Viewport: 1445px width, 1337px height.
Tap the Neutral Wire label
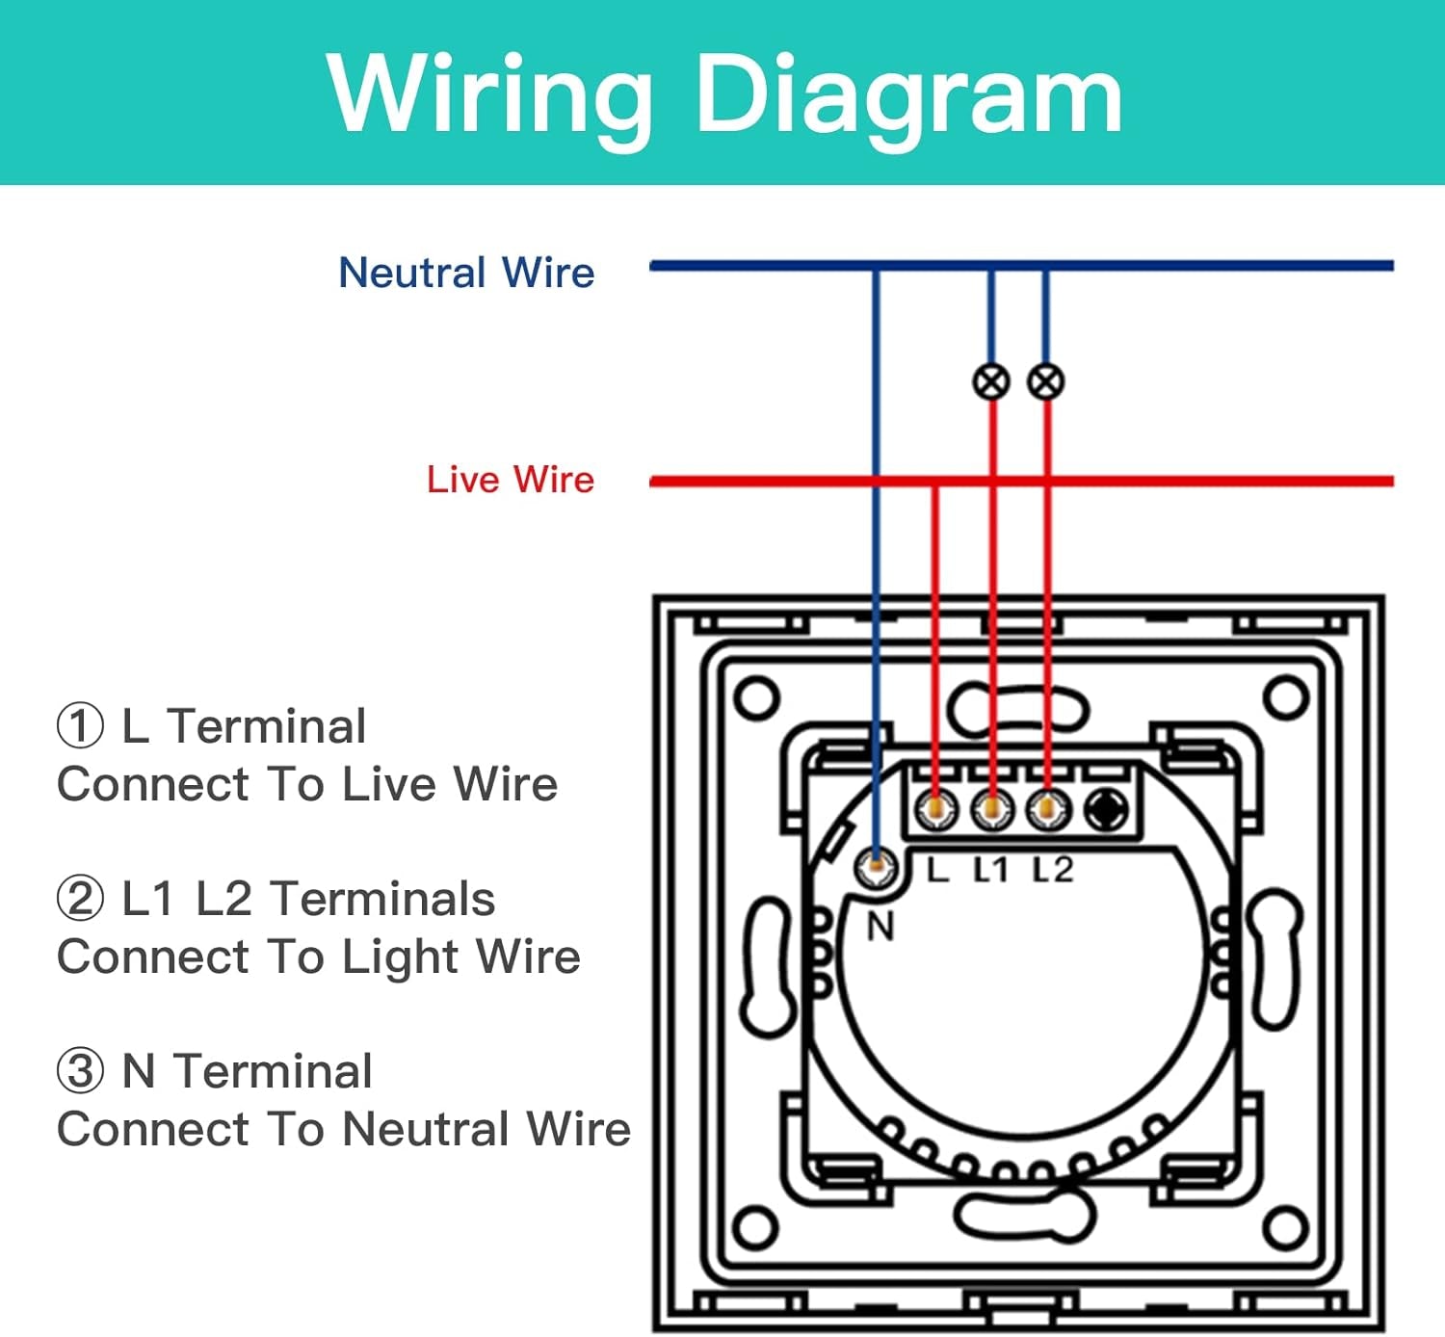[x=466, y=273]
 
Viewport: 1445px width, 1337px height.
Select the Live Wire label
[x=511, y=480]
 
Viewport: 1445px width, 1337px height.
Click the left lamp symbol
[x=991, y=381]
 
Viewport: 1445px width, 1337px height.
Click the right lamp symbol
[x=1046, y=381]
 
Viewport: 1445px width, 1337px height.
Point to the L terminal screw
[x=935, y=809]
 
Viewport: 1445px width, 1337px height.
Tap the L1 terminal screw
[x=991, y=809]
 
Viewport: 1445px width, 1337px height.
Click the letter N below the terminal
[x=880, y=927]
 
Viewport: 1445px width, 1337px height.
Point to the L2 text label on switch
[x=1053, y=870]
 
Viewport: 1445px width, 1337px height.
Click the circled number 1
[x=80, y=726]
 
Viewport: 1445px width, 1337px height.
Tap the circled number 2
[x=80, y=899]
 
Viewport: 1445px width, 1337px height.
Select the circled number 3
[x=80, y=1071]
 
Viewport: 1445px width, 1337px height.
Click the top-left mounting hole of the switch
[x=756, y=697]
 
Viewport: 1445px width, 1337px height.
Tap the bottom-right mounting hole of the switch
[x=1285, y=1227]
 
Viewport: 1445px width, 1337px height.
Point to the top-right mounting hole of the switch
[x=1285, y=697]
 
